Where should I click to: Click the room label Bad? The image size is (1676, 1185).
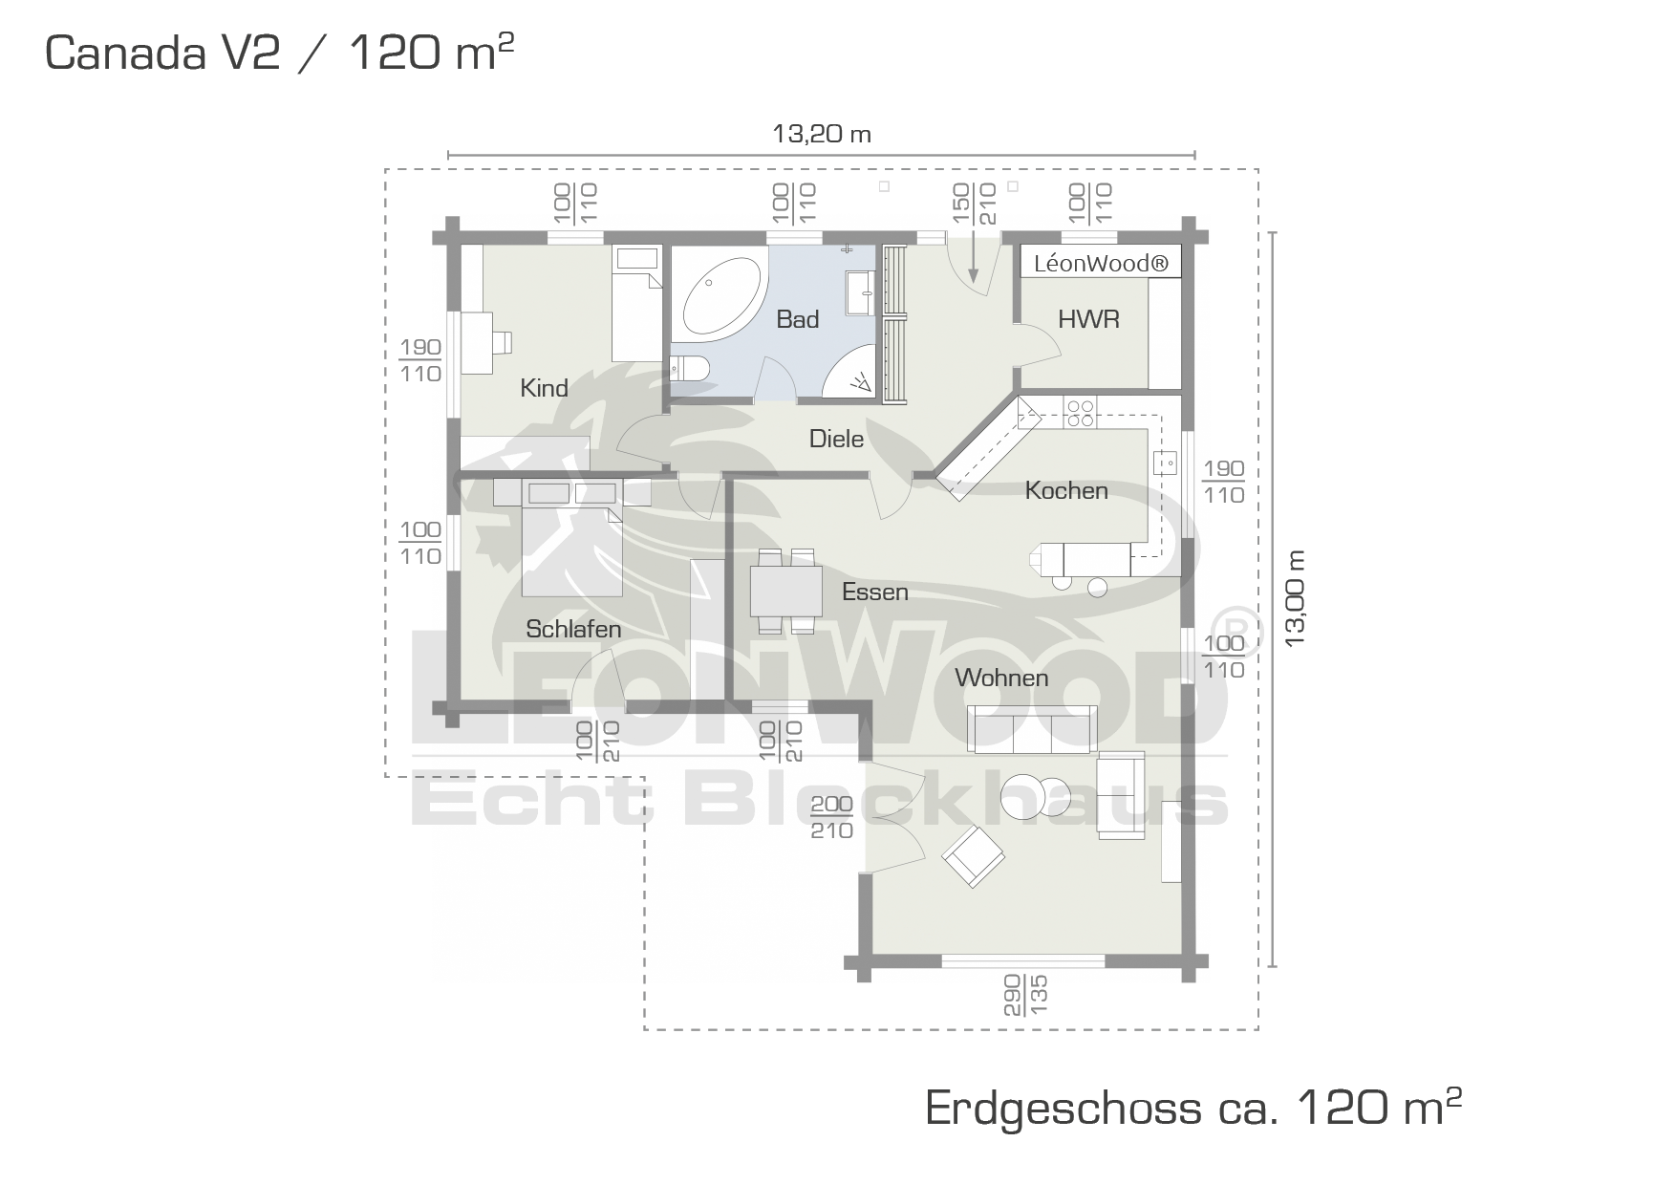pyautogui.click(x=798, y=319)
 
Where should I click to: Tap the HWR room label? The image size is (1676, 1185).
pyautogui.click(x=1088, y=319)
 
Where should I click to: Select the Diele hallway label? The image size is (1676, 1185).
pyautogui.click(x=836, y=439)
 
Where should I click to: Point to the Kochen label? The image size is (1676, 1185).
pyautogui.click(x=1066, y=490)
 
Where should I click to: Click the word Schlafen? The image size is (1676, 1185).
pyautogui.click(x=573, y=629)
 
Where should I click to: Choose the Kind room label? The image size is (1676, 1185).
pyautogui.click(x=544, y=388)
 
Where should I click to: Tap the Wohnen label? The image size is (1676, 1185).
pyautogui.click(x=1001, y=678)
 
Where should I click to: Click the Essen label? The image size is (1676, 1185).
pyautogui.click(x=874, y=592)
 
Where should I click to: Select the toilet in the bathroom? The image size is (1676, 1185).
pyautogui.click(x=688, y=368)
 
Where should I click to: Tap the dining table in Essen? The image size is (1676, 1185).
pyautogui.click(x=785, y=591)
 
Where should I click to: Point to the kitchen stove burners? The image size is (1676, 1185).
pyautogui.click(x=1081, y=413)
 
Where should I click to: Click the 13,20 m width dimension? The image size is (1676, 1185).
pyautogui.click(x=822, y=134)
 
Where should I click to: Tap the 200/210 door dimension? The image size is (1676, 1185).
pyautogui.click(x=831, y=818)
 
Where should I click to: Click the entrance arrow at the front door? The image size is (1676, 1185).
pyautogui.click(x=973, y=256)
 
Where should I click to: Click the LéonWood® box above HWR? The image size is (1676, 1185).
pyautogui.click(x=1101, y=263)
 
